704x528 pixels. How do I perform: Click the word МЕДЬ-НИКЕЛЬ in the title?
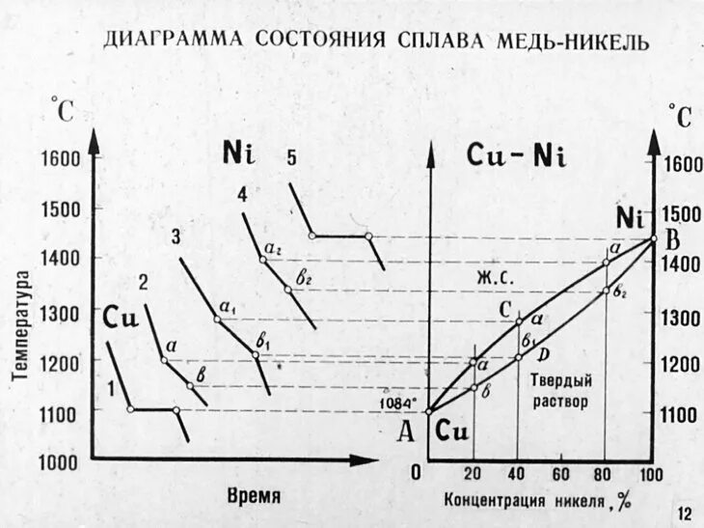(x=559, y=42)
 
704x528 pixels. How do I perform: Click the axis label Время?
(x=255, y=495)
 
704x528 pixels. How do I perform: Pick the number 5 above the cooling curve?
(x=291, y=159)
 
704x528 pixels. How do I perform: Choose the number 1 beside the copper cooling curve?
(x=113, y=389)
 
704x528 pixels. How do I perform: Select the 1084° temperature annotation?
(x=399, y=403)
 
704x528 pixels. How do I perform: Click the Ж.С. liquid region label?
(x=494, y=277)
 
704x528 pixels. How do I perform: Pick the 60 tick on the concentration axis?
(x=560, y=473)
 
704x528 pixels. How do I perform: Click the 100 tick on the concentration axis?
(x=652, y=473)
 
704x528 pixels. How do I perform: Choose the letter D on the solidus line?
(x=542, y=353)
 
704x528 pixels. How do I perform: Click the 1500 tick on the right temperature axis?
(x=679, y=213)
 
